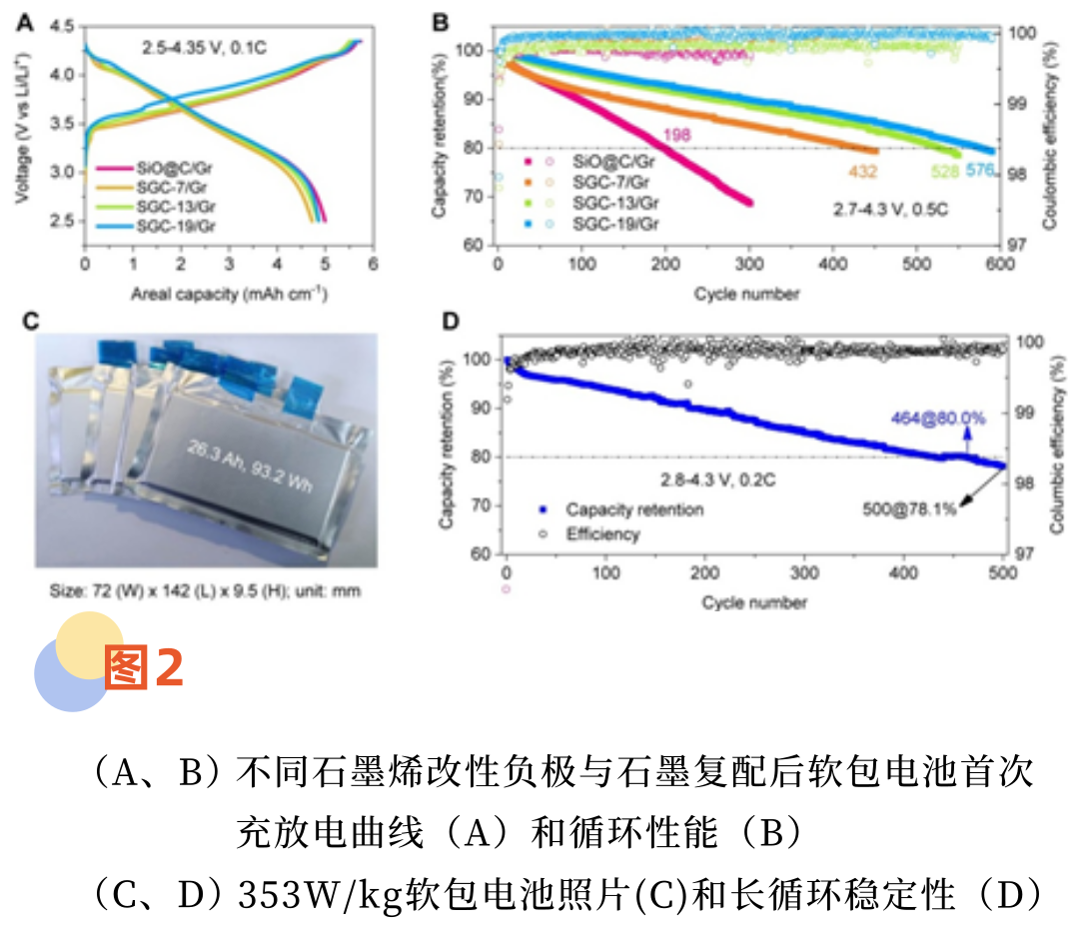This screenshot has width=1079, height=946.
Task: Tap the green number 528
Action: click(943, 172)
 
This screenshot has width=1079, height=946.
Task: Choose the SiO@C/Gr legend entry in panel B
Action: click(614, 160)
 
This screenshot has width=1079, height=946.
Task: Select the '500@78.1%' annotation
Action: click(909, 508)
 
